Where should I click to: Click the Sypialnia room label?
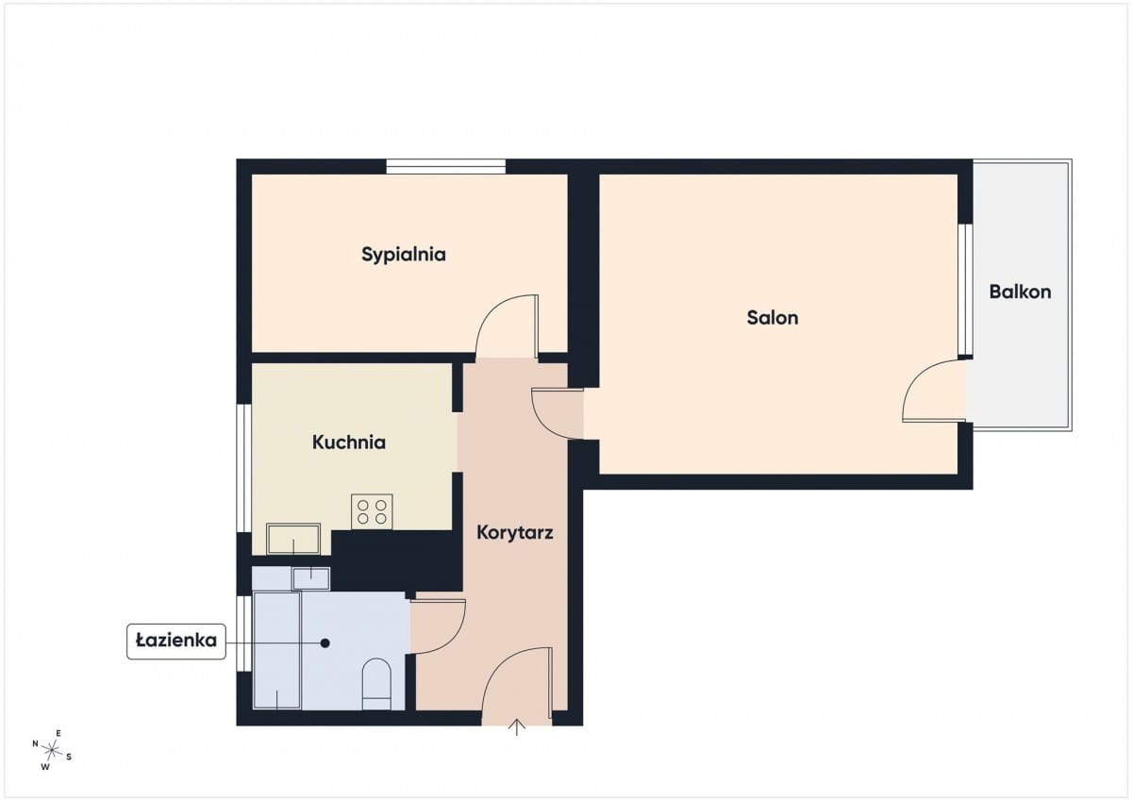(404, 254)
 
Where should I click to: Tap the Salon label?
(773, 317)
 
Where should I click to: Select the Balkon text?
(1020, 292)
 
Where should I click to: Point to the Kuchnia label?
(349, 442)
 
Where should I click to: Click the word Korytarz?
(514, 532)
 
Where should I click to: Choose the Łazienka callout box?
(175, 641)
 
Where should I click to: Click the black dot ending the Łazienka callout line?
(325, 642)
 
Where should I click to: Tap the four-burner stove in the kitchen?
(372, 511)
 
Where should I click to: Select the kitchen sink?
(293, 539)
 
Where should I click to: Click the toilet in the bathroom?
(376, 684)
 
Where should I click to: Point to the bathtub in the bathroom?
(277, 650)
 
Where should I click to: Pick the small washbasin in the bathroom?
(310, 578)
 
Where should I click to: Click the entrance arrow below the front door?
(517, 728)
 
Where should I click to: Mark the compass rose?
(52, 750)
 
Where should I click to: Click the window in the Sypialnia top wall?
(445, 166)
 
